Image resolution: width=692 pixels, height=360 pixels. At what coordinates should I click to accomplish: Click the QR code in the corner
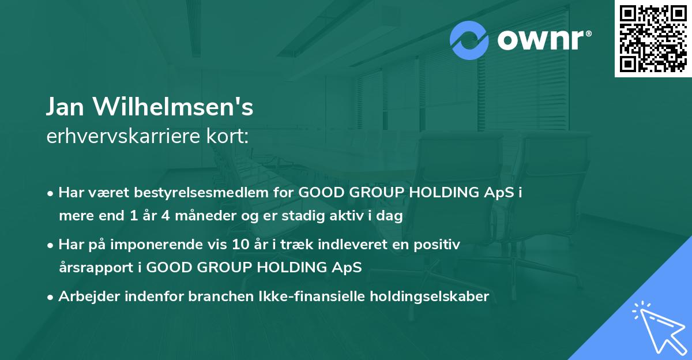point(653,38)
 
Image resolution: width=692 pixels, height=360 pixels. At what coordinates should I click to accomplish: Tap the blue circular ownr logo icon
point(470,40)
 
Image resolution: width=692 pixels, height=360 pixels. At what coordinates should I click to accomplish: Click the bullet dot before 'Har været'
point(51,194)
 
